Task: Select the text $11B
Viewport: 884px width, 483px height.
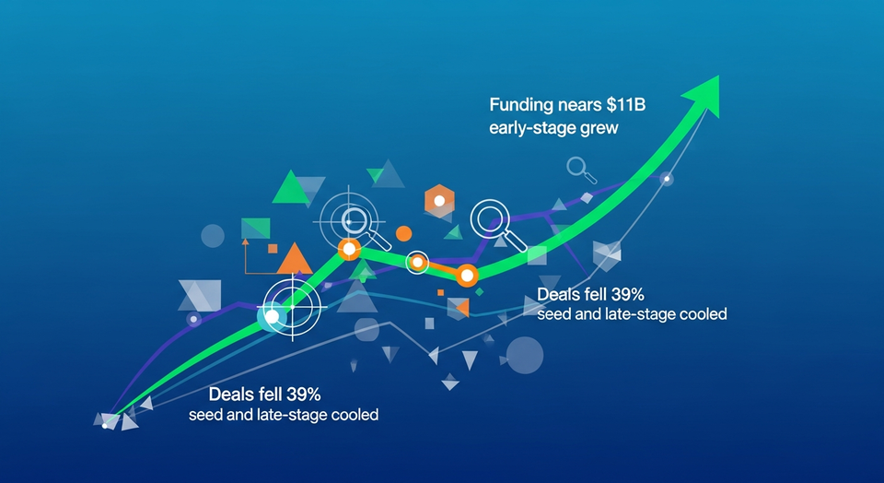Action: [x=623, y=105]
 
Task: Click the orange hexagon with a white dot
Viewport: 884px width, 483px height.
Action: [x=440, y=200]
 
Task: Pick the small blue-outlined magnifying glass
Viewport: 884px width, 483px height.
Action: [x=578, y=168]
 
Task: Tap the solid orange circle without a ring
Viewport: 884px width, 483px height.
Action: [x=402, y=233]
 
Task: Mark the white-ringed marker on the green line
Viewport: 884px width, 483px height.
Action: [x=417, y=263]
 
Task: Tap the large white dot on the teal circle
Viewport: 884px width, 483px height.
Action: [x=272, y=316]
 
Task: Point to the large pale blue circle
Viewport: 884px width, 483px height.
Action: [x=525, y=355]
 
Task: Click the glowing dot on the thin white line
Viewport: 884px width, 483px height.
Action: [x=669, y=179]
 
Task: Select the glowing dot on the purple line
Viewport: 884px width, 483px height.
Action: [x=193, y=320]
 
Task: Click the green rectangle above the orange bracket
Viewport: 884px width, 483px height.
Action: [x=255, y=228]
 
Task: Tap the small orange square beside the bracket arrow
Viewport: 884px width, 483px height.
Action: [x=273, y=249]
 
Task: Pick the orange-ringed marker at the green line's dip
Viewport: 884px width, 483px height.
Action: [x=467, y=275]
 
